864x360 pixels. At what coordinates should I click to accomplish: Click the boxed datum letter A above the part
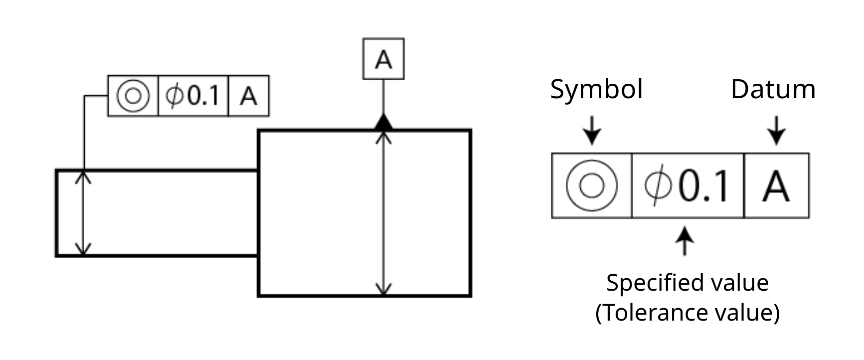click(383, 60)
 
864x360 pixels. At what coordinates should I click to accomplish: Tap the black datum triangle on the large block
click(383, 123)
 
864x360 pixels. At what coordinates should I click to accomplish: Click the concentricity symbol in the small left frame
click(133, 96)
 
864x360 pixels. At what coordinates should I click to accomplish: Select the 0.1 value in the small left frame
click(203, 96)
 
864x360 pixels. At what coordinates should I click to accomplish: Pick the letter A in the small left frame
click(248, 96)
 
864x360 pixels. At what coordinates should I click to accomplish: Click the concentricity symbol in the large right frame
click(592, 185)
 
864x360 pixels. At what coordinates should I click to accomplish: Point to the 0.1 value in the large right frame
click(703, 186)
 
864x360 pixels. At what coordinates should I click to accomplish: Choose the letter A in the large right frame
click(776, 186)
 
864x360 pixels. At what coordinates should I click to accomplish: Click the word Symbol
click(596, 90)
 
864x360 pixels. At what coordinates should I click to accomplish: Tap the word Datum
click(773, 90)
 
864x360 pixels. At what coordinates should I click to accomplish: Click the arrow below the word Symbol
click(592, 131)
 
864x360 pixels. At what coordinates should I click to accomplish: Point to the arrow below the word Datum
click(776, 131)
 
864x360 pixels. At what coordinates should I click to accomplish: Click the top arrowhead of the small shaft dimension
click(83, 177)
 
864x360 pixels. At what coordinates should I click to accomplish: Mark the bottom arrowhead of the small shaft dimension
click(83, 249)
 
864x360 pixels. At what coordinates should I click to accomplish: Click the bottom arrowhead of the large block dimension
click(383, 289)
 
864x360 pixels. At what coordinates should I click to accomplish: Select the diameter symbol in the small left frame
click(174, 96)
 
